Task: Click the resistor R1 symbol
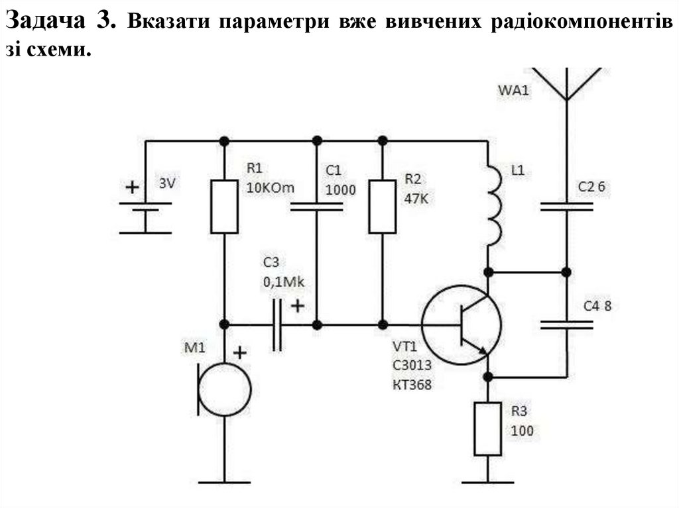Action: point(224,206)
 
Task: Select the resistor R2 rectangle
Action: point(383,206)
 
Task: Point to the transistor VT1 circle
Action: point(462,325)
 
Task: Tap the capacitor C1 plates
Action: point(317,207)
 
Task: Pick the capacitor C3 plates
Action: point(277,325)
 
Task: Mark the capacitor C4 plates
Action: point(566,325)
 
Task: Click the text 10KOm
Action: point(269,188)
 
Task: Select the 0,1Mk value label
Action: point(283,283)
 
